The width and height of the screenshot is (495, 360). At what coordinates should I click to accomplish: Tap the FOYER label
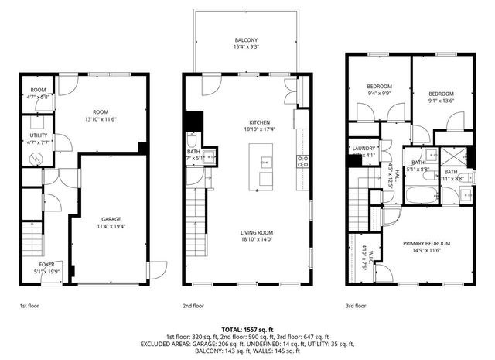point(47,265)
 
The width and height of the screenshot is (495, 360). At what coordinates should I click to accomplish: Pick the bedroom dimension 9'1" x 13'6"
point(439,100)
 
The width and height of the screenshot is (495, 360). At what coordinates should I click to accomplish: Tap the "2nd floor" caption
point(193,306)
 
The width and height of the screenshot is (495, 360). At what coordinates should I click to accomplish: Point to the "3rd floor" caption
point(357,306)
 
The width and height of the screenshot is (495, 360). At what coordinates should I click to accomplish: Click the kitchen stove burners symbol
point(303,162)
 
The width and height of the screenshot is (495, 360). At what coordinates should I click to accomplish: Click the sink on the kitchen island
point(266,163)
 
